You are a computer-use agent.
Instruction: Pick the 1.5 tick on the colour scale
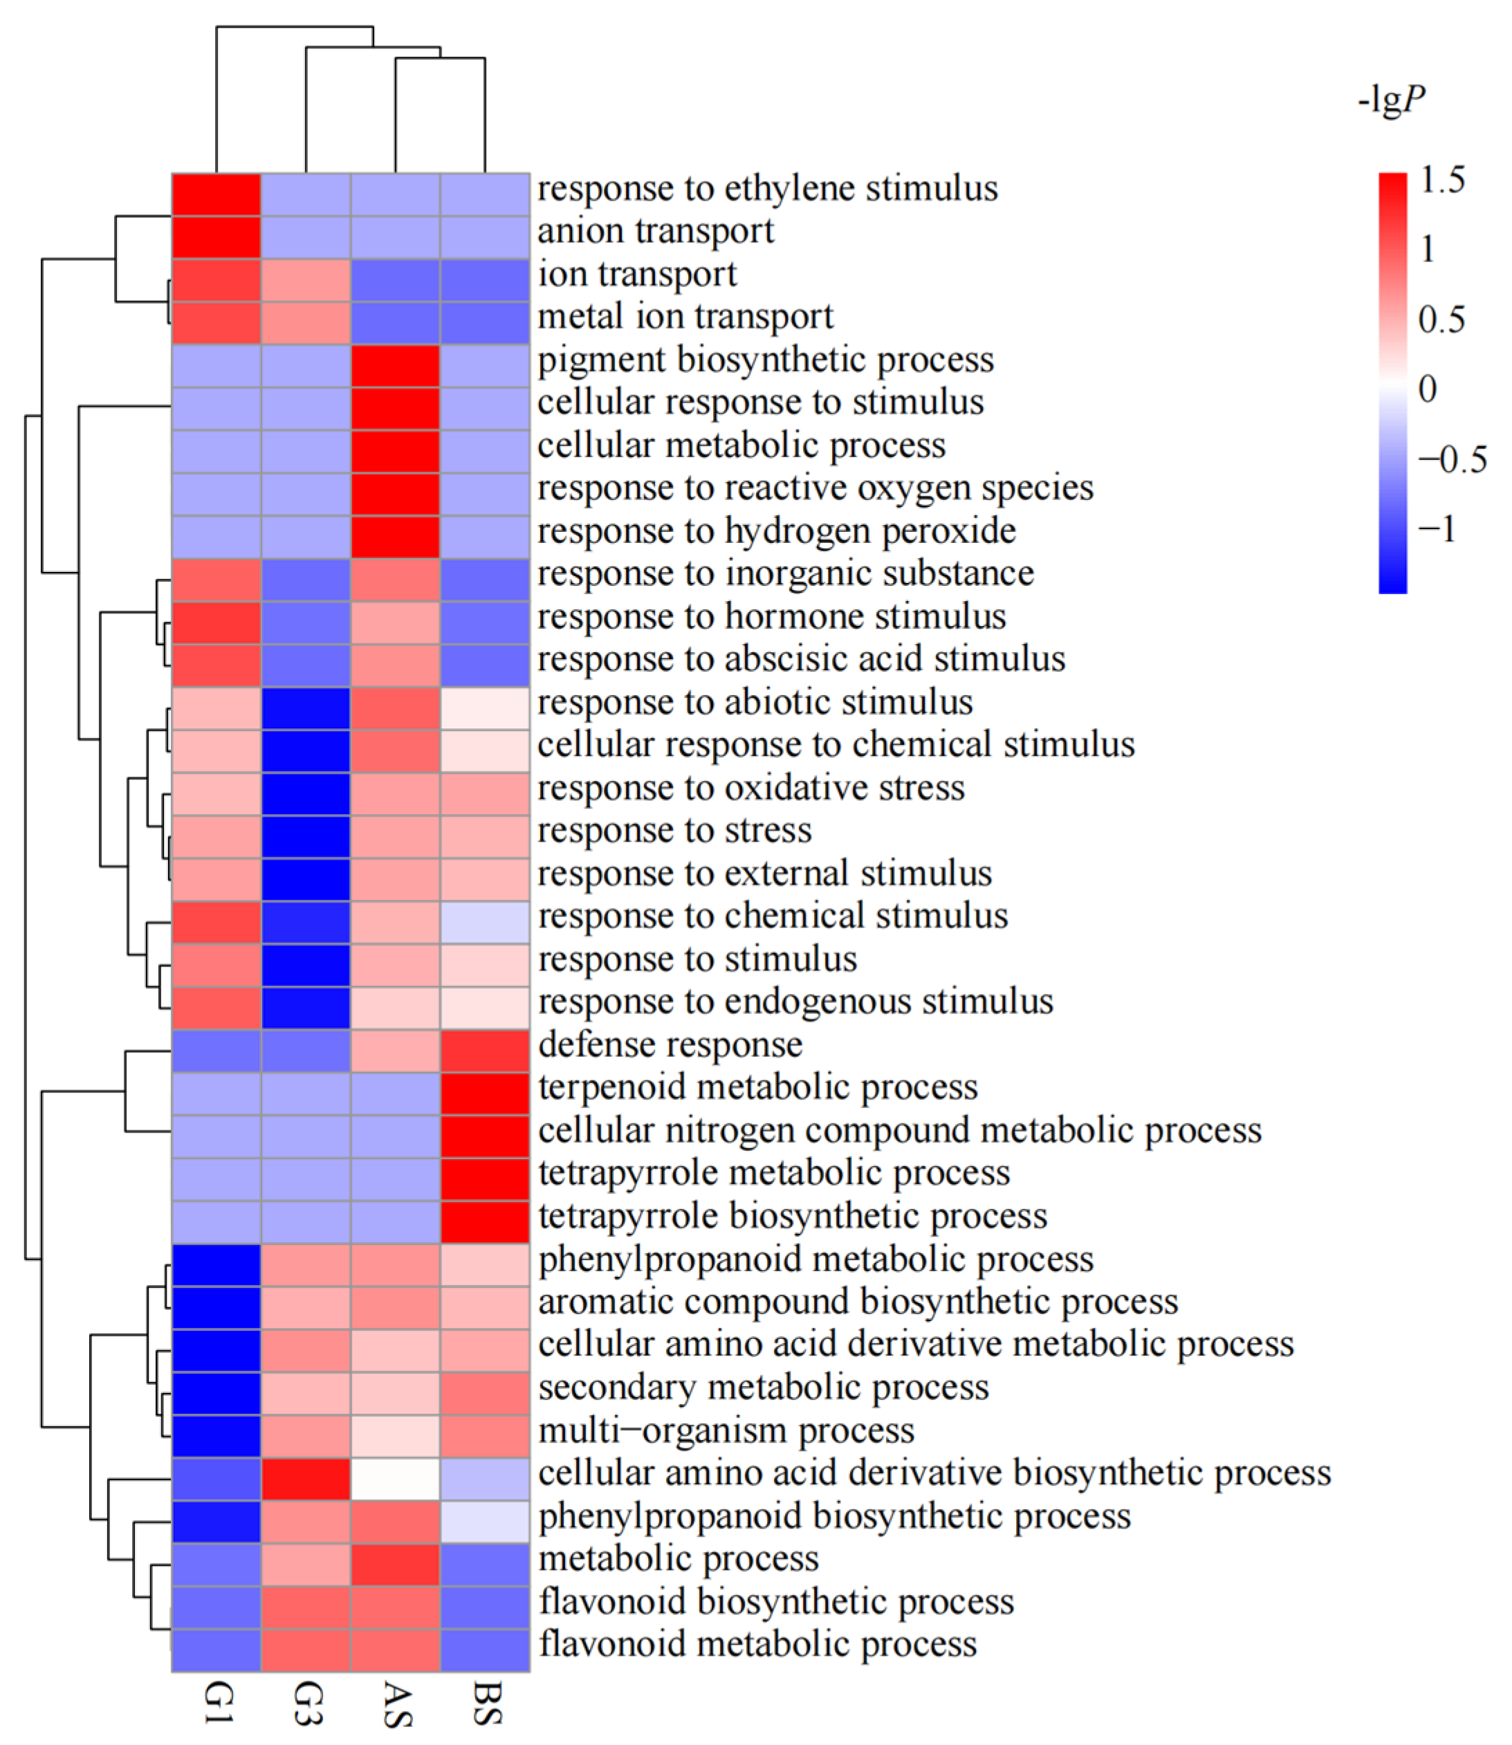(x=1442, y=180)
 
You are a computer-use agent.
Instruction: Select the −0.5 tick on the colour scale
(x=1452, y=460)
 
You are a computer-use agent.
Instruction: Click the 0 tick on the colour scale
(x=1428, y=389)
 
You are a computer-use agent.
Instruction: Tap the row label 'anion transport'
(x=656, y=231)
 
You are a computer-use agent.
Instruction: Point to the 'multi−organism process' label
(x=726, y=1431)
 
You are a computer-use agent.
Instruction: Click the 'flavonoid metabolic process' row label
(x=757, y=1645)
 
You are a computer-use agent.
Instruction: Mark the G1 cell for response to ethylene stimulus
(x=217, y=195)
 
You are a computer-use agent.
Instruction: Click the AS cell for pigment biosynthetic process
(x=396, y=366)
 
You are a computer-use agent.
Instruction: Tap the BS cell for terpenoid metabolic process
(x=485, y=1093)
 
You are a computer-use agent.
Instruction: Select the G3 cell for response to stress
(x=306, y=837)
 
